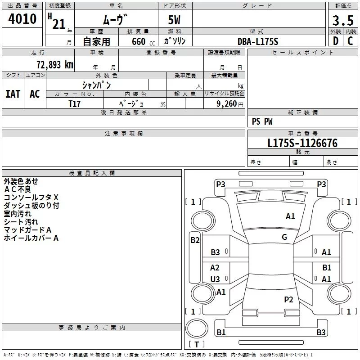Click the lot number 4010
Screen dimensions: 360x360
click(x=22, y=19)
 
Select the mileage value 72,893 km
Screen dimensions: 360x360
click(x=54, y=64)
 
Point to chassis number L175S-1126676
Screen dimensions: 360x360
click(x=302, y=144)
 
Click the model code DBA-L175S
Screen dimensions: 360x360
click(x=258, y=41)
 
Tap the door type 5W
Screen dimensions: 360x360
click(x=175, y=21)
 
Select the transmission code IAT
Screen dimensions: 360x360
click(x=13, y=94)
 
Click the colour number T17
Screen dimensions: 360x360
click(x=75, y=103)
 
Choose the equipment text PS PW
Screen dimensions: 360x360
click(x=262, y=121)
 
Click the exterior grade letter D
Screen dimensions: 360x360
click(x=335, y=41)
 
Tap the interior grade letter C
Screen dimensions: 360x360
click(x=350, y=41)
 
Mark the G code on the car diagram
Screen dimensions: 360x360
click(x=284, y=237)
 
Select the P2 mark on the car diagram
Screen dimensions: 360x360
click(x=288, y=299)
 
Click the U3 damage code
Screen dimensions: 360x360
click(x=215, y=279)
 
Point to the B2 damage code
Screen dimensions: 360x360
click(x=195, y=240)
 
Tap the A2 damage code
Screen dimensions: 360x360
click(x=215, y=268)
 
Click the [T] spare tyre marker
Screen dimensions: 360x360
click(x=197, y=344)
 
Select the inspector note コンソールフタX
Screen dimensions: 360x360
click(x=31, y=198)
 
